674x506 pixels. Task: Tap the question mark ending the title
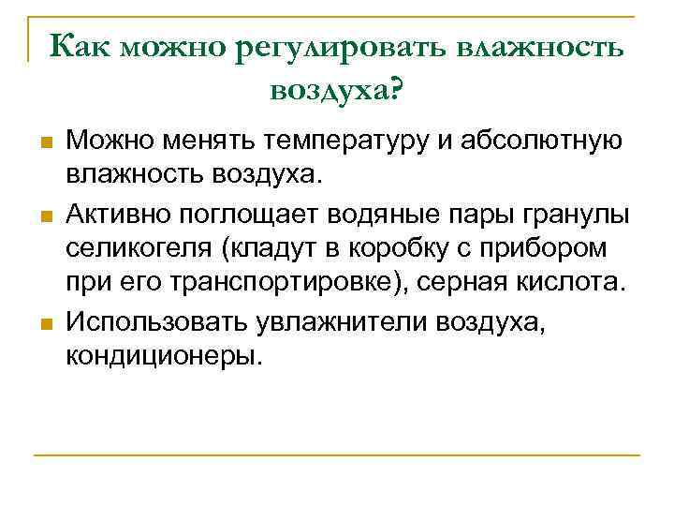[396, 88]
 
